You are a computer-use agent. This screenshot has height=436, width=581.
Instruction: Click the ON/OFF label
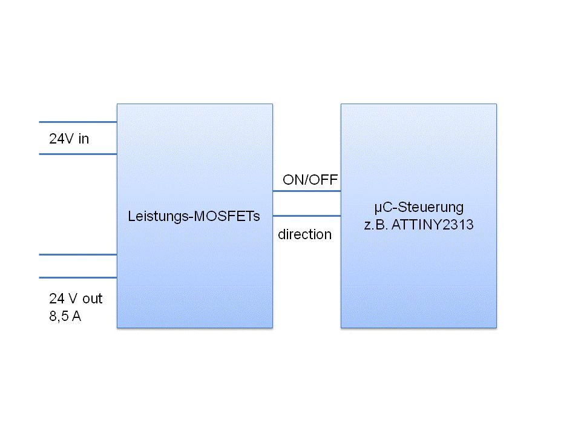tap(310, 179)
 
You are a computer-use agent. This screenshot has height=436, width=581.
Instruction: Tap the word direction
tap(304, 234)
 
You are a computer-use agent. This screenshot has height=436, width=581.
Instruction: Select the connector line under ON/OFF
tap(306, 191)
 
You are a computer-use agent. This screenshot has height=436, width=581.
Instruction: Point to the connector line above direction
tap(306, 216)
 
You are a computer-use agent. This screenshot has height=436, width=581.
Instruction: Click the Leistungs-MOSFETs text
tap(194, 216)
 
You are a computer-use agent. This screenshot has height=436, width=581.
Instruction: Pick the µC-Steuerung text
tap(418, 208)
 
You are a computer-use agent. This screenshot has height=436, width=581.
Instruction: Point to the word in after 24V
tap(84, 139)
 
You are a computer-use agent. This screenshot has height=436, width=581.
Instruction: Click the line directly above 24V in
tap(77, 122)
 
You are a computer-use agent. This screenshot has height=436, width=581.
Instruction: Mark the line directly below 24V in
tap(77, 154)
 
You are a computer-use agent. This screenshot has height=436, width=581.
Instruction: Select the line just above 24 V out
tap(77, 277)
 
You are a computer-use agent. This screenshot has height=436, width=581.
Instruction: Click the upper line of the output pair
tap(77, 254)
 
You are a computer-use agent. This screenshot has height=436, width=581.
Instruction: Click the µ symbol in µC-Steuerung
tap(377, 208)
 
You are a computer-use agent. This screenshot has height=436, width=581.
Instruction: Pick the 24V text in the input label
tap(61, 139)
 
